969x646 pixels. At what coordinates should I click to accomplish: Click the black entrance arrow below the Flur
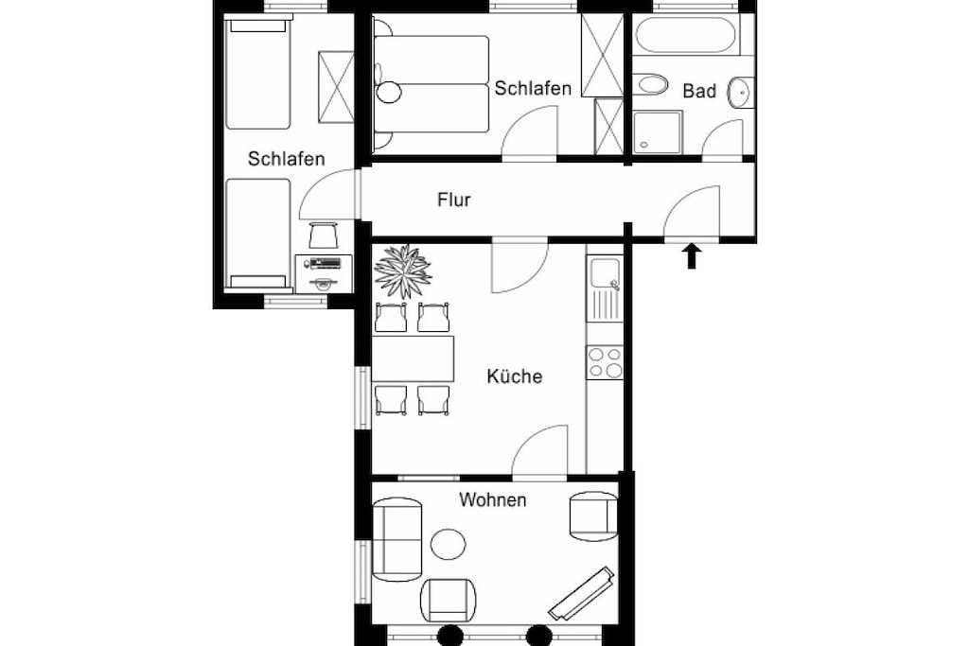click(692, 255)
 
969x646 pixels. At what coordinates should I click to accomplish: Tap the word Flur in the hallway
click(454, 200)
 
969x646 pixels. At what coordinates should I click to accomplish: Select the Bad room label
click(699, 91)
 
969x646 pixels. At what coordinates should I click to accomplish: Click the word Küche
click(514, 375)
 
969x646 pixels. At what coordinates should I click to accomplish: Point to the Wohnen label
click(492, 499)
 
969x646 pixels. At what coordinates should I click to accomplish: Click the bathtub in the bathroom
click(686, 35)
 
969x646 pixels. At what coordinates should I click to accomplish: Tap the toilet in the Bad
click(650, 84)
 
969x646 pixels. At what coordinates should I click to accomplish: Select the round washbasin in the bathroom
click(740, 93)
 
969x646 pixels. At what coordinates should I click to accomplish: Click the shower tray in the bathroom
click(658, 132)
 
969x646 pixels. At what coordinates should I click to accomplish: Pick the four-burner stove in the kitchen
click(605, 362)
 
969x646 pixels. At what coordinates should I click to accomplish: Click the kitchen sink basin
click(605, 273)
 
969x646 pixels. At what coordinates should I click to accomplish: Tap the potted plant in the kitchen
click(403, 271)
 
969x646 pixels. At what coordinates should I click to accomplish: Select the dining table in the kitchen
click(413, 358)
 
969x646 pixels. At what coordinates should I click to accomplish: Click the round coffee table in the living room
click(448, 545)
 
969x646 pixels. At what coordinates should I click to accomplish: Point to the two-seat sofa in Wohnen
click(397, 540)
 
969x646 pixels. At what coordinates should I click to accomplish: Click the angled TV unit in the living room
click(582, 593)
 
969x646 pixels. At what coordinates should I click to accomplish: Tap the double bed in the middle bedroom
click(432, 84)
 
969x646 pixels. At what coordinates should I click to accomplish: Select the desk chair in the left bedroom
click(324, 236)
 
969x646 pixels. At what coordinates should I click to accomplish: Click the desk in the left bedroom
click(324, 273)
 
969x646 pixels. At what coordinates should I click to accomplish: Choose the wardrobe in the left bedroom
click(336, 86)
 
